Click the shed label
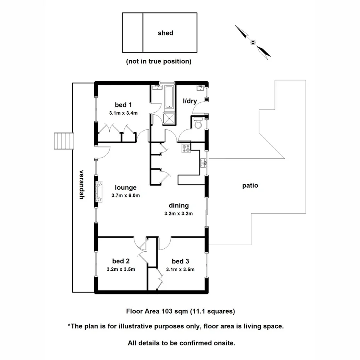pos(165,33)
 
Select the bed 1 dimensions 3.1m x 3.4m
pos(123,113)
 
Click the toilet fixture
pos(199,124)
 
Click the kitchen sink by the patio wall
pos(203,163)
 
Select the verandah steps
pos(64,141)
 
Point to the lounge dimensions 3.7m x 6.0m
pos(125,195)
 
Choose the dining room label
pos(178,205)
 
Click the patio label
pos(250,185)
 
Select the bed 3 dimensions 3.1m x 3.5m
pos(180,270)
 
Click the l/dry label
pos(190,101)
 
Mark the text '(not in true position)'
pos(158,61)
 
